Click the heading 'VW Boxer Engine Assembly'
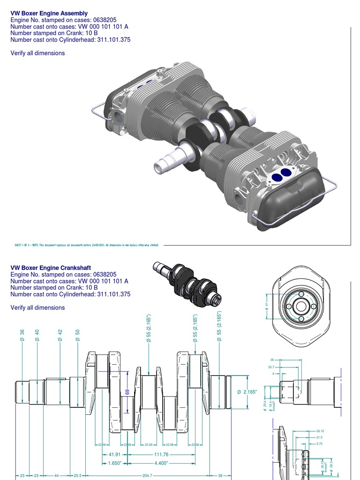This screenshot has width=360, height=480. [49, 14]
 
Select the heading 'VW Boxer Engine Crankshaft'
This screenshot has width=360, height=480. [51, 268]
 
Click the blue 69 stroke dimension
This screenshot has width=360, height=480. [127, 392]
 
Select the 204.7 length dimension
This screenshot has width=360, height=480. [147, 475]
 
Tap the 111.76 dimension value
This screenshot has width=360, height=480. [160, 454]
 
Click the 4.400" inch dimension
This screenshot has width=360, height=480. [160, 463]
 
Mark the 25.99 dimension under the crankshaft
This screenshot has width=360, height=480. [150, 445]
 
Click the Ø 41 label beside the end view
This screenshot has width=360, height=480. [266, 306]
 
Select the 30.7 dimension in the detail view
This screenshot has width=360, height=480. [271, 367]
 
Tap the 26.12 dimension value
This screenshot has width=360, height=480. [321, 431]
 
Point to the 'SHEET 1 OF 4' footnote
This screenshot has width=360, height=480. [87, 245]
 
